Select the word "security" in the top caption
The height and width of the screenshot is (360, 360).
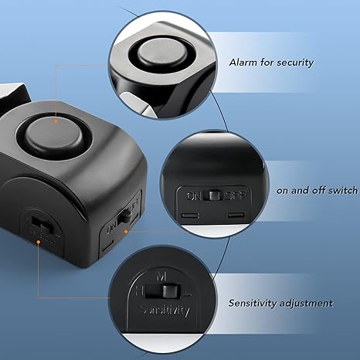click(x=294, y=62)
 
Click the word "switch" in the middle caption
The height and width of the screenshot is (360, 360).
click(x=341, y=190)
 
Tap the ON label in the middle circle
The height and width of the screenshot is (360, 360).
click(x=193, y=195)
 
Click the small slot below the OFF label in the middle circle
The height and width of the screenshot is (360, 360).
click(x=234, y=210)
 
